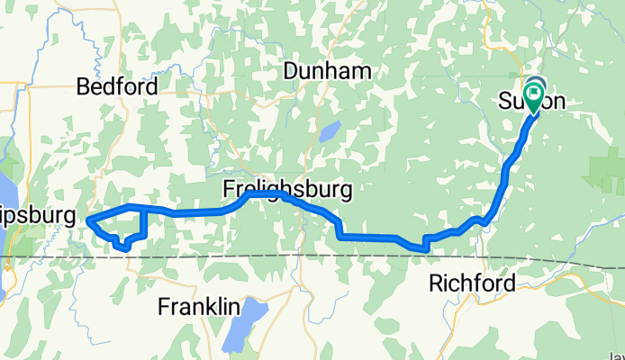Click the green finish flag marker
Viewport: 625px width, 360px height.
[x=534, y=93]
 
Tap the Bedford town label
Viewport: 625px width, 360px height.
[x=117, y=87]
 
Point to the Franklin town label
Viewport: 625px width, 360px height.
[x=198, y=307]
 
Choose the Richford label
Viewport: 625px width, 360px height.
[x=472, y=283]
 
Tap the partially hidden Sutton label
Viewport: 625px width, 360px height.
[x=531, y=102]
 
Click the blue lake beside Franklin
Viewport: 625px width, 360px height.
[x=243, y=323]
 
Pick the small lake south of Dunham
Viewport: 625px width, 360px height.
[x=327, y=133]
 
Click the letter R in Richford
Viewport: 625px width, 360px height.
[x=435, y=283]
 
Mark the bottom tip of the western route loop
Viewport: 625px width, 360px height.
[x=124, y=249]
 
